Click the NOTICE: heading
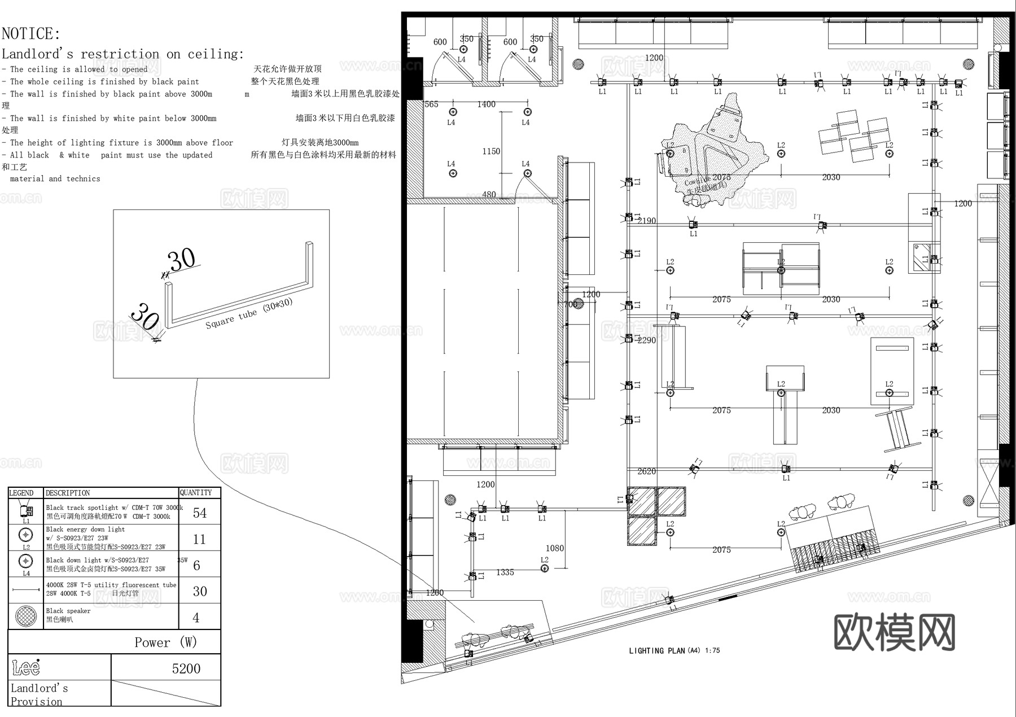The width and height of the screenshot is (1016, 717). pos(31,34)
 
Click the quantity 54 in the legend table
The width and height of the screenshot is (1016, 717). pos(200,513)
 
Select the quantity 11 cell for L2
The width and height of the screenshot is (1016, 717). pos(199,539)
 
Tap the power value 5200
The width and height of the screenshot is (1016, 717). pos(186,668)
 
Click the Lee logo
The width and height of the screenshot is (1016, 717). pos(26,668)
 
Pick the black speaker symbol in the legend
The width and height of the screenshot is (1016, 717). pos(26,615)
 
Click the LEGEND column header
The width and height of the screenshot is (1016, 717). pos(21,493)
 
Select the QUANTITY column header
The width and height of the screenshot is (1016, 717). pos(196,493)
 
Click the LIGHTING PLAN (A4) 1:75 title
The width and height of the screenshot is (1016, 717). pos(675,650)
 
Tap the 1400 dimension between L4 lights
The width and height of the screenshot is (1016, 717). pos(486,104)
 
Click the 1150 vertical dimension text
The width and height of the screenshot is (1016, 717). pos(491,151)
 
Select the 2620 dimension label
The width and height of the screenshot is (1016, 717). pos(646,471)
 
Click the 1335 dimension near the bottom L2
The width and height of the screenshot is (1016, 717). pos(505,572)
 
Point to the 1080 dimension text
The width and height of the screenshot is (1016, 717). pos(554,548)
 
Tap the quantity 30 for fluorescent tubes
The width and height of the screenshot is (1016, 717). pos(200,591)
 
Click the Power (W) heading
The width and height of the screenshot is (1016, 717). pos(165,642)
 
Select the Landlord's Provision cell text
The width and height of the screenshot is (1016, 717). pos(38,694)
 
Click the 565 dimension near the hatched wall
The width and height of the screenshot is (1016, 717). pos(431,104)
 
